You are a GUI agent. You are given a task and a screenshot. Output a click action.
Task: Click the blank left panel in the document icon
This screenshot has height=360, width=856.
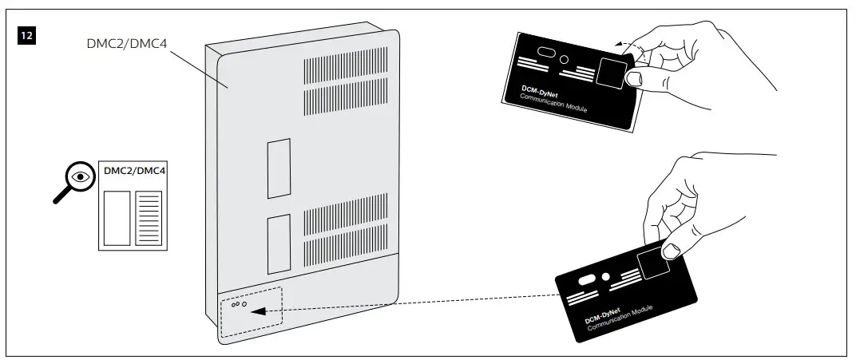click(117, 217)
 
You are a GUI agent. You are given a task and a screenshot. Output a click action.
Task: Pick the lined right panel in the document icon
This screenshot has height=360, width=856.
click(149, 217)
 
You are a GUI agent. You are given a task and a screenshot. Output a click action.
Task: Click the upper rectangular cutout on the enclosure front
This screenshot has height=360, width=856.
click(278, 168)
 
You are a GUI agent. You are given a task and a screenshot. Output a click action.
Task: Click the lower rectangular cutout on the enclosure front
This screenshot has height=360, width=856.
click(278, 243)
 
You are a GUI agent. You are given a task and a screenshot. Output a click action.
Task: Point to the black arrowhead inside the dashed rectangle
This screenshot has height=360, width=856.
click(257, 311)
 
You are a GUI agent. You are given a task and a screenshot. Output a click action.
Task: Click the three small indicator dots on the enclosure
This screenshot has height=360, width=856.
click(238, 304)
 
